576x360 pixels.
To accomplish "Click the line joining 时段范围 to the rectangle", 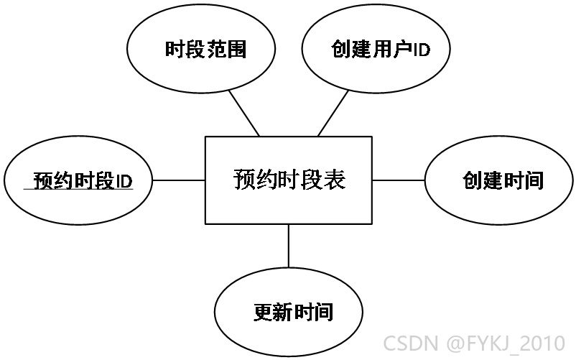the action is tap(244, 113).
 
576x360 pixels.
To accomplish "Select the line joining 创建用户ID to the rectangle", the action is tap(333, 114).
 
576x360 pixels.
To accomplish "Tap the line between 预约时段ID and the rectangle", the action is tap(179, 180).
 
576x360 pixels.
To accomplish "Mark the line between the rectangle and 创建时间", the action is tap(399, 180).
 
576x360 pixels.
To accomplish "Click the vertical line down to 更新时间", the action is tap(289, 246).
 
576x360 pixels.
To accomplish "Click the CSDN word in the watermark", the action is tap(411, 343).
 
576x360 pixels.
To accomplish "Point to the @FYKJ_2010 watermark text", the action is tap(506, 343).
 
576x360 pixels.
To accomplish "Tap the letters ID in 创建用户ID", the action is tap(422, 50).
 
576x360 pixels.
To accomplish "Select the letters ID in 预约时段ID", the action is tap(124, 181).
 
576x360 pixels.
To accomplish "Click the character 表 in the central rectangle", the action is tap(334, 180).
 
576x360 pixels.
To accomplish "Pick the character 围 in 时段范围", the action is tap(236, 50).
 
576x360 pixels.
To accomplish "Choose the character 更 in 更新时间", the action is tap(263, 313).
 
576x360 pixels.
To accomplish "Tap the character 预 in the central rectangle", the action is tap(244, 180).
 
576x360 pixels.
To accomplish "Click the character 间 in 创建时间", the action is tap(534, 180).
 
